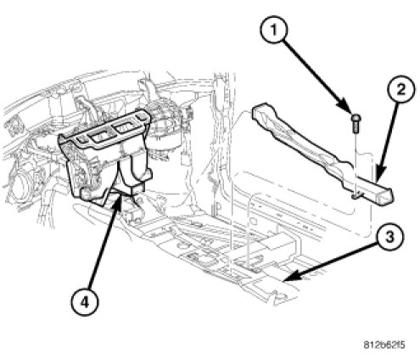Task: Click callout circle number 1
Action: point(274,30)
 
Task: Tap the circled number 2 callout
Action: point(401,90)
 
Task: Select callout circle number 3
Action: point(389,237)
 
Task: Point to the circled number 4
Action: point(84,303)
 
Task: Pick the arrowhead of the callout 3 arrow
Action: point(290,277)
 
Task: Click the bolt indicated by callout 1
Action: point(356,122)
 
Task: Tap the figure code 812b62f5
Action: point(384,345)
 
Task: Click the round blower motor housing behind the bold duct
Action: point(167,121)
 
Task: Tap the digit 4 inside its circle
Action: point(84,303)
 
